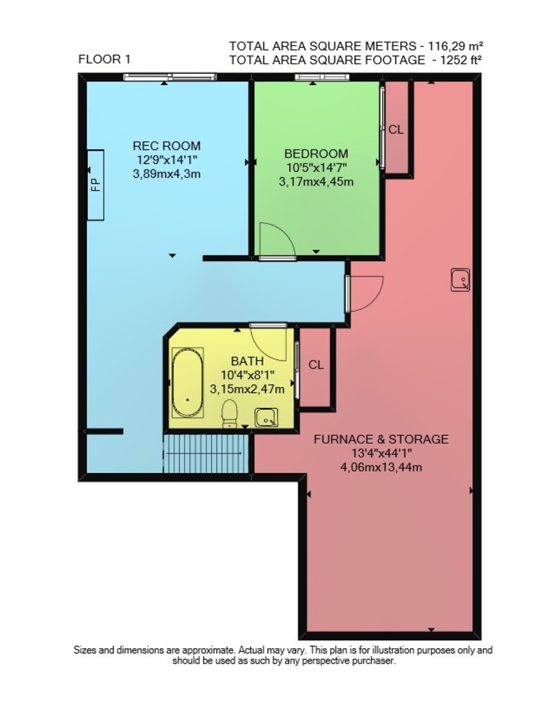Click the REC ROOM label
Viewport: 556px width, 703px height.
[167, 146]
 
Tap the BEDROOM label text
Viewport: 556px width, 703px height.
[316, 154]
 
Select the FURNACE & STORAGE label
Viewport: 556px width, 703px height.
[381, 439]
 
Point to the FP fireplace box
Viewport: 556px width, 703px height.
[95, 185]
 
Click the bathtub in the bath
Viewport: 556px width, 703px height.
[188, 383]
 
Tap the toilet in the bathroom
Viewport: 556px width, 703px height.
[229, 413]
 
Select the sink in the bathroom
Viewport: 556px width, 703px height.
[266, 418]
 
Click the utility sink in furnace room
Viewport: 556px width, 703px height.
[460, 280]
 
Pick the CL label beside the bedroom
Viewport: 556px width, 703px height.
[396, 129]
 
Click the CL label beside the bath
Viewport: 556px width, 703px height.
[316, 365]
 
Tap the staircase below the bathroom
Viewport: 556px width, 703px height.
[206, 453]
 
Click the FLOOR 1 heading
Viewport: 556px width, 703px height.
[105, 59]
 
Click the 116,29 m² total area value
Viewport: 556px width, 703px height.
[455, 46]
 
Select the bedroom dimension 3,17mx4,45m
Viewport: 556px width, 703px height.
[316, 181]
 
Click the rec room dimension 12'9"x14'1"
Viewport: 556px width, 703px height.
[167, 160]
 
